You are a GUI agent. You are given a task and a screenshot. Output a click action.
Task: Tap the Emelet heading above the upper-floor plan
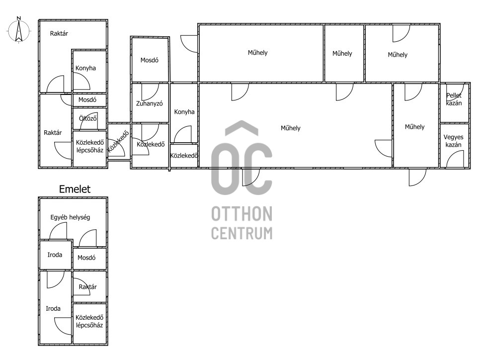point(75,189)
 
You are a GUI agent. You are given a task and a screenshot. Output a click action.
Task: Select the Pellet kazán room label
point(454,99)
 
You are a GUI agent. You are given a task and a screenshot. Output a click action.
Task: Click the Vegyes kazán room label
point(454,141)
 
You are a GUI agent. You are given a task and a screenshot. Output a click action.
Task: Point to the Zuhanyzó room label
point(150,103)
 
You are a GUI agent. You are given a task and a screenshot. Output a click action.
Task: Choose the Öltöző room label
point(88,118)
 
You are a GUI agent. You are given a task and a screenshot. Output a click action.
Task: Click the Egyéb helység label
point(71,217)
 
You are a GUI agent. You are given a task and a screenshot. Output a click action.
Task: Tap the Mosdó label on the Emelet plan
point(86,258)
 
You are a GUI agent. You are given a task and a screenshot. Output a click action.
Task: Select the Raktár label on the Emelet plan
point(87,287)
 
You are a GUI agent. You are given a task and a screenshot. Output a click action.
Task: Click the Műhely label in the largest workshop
point(291,128)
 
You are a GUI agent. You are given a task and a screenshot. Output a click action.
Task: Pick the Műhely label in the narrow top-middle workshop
point(342,53)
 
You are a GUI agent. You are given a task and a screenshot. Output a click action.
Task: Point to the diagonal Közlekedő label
point(118,142)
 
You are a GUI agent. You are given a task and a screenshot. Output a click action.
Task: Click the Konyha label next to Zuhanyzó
point(184,112)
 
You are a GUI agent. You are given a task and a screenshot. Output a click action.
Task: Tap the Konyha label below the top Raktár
point(85,68)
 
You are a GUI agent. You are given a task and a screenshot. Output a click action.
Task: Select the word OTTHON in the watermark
point(242,214)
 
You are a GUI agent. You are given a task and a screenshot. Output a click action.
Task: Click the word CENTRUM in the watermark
point(242,233)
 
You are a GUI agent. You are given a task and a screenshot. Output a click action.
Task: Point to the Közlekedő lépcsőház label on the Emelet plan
point(89,321)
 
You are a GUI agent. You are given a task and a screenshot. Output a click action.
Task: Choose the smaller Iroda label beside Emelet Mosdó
point(55,255)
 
